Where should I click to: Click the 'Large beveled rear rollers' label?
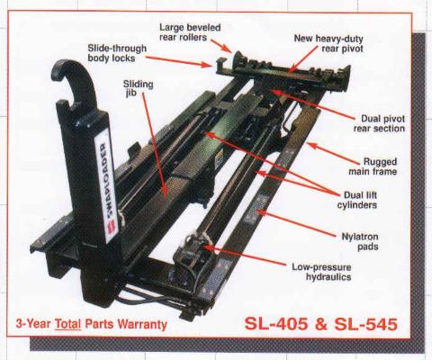tap(190, 32)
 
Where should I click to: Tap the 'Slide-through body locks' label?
tap(117, 53)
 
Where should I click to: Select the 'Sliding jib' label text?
tap(138, 88)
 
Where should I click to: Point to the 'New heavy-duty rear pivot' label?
tap(328, 43)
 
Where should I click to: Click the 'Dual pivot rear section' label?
tap(379, 123)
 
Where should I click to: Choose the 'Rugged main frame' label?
tap(373, 166)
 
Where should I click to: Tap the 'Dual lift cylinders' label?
tap(357, 200)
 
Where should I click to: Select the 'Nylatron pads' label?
tap(360, 241)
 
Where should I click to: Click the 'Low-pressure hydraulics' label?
tap(321, 272)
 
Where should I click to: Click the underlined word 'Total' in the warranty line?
tap(68, 324)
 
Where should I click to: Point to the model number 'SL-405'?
tap(276, 324)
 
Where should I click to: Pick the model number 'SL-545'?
tap(365, 324)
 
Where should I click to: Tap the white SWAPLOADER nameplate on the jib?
tap(106, 188)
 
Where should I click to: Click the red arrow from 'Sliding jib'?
tap(154, 145)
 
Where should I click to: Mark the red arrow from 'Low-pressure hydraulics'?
tap(244, 256)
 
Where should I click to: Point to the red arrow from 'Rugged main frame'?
tap(333, 154)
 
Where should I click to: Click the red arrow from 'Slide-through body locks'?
tap(179, 61)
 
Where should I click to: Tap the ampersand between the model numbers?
tap(321, 324)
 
